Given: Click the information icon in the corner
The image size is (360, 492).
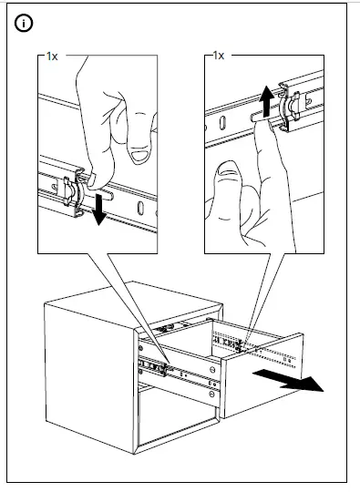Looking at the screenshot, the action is tap(24, 24).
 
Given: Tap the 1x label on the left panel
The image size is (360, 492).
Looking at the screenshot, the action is tap(52, 56).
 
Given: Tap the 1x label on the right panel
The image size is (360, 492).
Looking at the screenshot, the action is tap(219, 56).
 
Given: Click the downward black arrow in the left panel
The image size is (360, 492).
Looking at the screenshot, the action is tap(100, 210).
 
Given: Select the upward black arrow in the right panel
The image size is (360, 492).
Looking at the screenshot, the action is tap(266, 101).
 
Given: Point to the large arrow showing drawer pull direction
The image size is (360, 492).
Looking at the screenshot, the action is tap(288, 380).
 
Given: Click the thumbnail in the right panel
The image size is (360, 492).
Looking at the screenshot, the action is tap(230, 169).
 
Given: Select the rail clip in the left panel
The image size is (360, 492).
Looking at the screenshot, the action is tap(74, 193).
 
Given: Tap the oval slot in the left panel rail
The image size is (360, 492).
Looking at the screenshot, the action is tap(140, 208).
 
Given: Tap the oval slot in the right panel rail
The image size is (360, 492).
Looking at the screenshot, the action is tap(222, 122).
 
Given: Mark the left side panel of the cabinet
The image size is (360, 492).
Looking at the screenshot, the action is tap(89, 377).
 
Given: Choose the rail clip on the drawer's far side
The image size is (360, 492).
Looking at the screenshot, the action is tap(239, 346).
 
